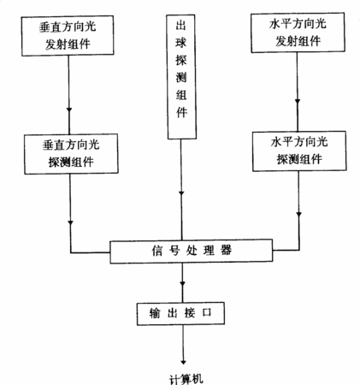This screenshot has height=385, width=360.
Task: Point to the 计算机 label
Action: point(186,379)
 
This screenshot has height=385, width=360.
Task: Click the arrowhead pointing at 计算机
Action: point(183,362)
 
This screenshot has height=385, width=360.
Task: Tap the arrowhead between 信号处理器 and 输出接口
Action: point(183,283)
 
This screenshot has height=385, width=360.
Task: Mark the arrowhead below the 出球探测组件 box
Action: point(181,193)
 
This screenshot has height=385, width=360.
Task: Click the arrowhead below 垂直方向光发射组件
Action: point(69,110)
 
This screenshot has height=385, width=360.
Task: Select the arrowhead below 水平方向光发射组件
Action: point(298,101)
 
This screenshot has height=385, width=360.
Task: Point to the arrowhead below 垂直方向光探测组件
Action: point(71,222)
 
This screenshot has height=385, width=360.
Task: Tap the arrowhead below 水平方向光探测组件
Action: point(299,214)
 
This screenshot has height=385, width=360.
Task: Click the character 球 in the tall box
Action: point(181,43)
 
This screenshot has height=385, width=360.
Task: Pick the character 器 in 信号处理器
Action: point(226,251)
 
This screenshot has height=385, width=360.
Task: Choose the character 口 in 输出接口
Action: point(207,313)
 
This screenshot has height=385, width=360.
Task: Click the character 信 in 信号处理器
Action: point(157,251)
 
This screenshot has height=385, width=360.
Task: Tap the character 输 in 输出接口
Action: point(155,313)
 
